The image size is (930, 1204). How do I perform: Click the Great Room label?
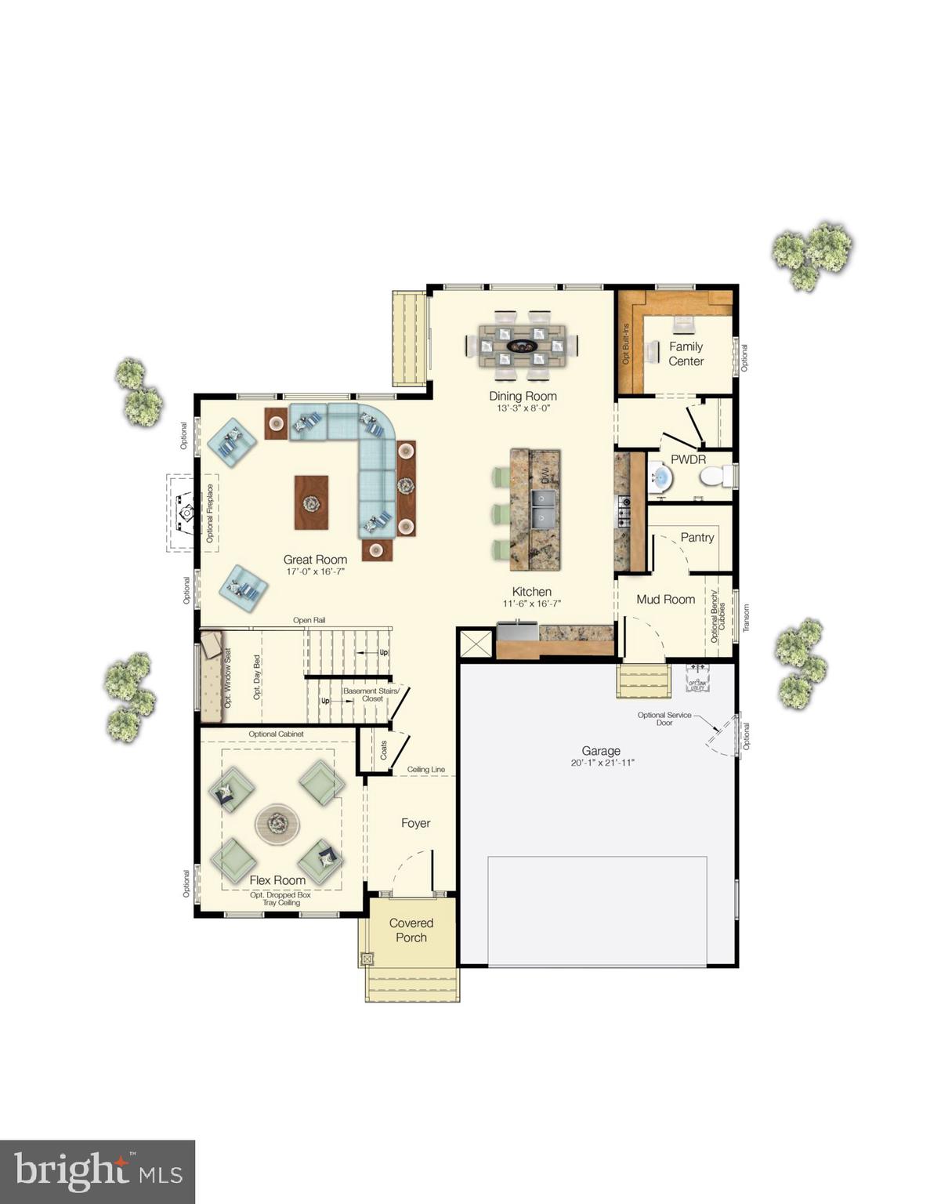tap(315, 560)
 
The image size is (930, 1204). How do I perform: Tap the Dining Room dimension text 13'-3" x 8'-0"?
tap(523, 408)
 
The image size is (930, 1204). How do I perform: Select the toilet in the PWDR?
tap(713, 476)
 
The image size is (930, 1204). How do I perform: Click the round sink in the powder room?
tap(660, 477)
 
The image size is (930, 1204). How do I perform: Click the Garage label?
tap(601, 751)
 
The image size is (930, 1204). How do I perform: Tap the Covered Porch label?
tap(411, 930)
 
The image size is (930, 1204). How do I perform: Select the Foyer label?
tap(415, 823)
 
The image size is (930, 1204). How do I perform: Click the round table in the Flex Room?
tap(277, 823)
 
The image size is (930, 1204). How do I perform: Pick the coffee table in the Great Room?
tap(312, 502)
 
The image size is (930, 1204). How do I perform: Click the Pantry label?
tap(697, 537)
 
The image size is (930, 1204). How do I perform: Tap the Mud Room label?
tap(665, 599)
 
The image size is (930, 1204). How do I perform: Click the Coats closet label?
tap(384, 750)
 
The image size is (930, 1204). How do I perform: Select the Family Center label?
tap(686, 354)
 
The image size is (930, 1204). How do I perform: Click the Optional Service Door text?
tap(664, 718)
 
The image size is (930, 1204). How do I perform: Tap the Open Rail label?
tap(309, 620)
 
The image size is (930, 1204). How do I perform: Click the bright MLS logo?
tap(97, 1172)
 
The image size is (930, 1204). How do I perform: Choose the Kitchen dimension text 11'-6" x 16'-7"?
tap(532, 604)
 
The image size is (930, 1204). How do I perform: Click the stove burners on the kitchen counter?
tap(624, 510)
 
